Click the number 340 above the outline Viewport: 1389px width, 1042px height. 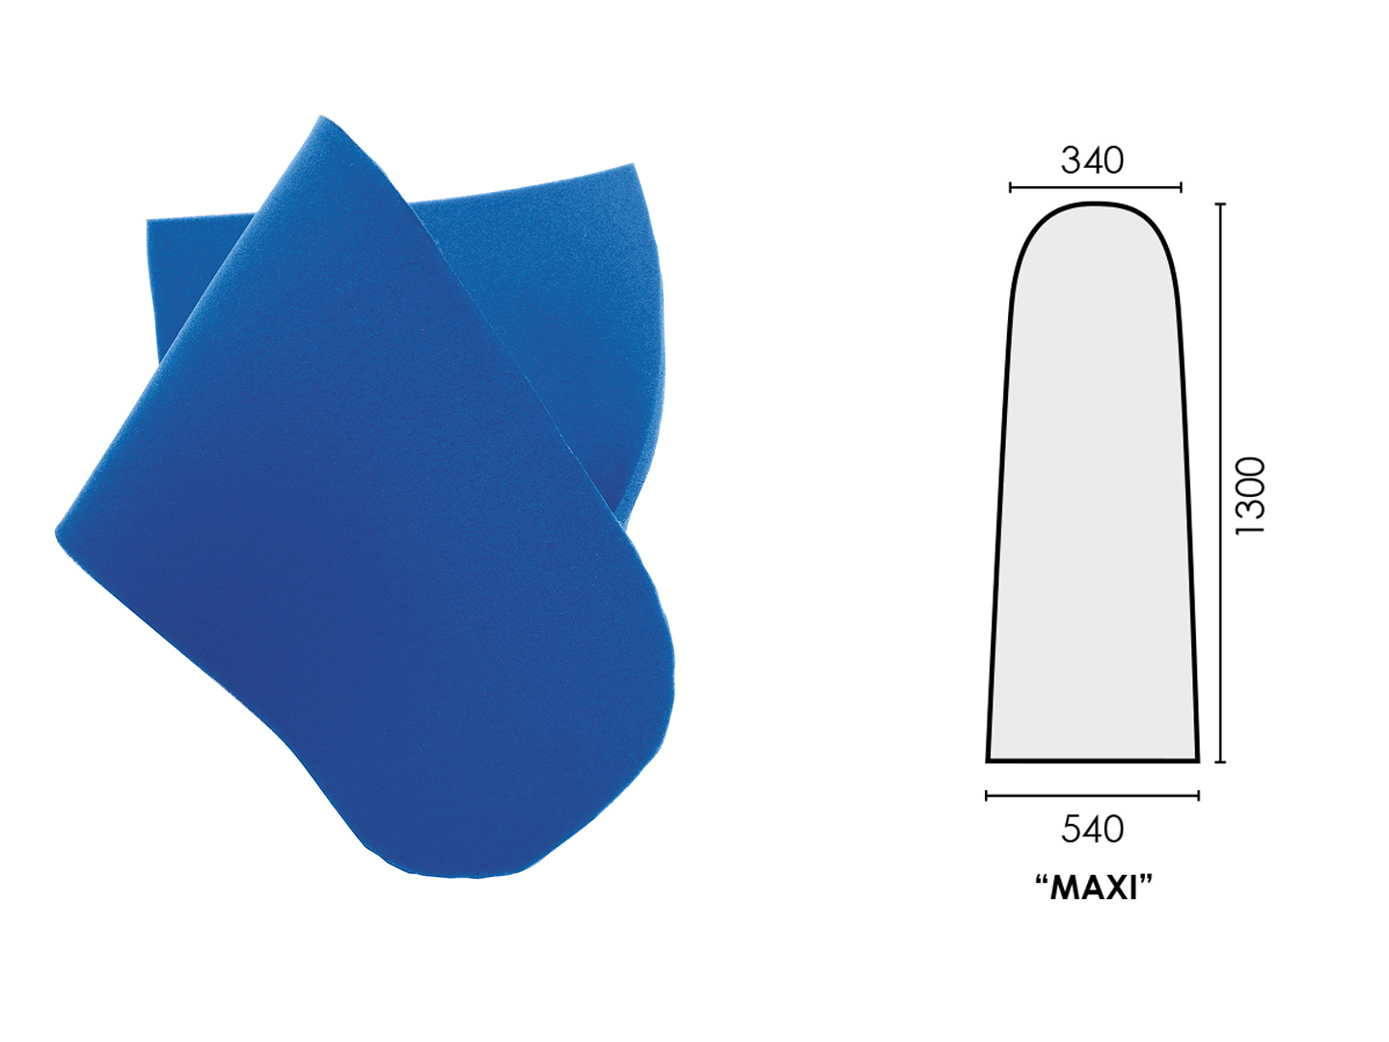click(1092, 161)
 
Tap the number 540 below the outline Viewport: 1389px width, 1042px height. click(1092, 829)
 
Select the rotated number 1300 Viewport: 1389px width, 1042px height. click(1250, 496)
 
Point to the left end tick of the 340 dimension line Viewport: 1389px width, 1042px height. click(1010, 187)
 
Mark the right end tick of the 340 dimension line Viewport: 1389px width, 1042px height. click(1181, 187)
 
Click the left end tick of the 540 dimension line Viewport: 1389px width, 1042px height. click(987, 795)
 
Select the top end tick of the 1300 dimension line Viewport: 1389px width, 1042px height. click(1220, 205)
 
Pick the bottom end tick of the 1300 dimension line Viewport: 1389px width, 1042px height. click(1220, 762)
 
